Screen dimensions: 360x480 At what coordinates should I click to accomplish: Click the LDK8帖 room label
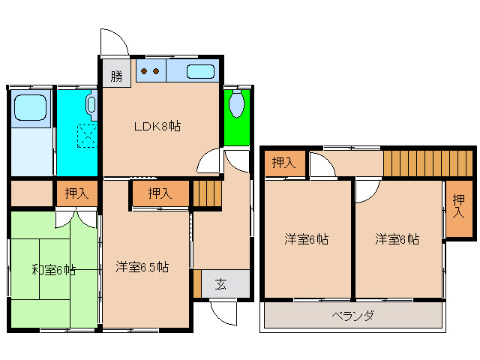pos(157,126)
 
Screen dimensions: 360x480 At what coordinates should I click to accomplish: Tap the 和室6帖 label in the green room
pos(53,270)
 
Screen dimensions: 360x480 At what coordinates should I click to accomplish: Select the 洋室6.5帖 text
pos(142,267)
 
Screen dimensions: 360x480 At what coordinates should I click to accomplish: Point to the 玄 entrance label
pos(221,283)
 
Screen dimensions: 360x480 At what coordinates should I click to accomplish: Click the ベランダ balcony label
pos(352,315)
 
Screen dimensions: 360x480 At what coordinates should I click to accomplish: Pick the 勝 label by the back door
pos(116,76)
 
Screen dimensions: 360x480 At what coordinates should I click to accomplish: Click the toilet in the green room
pos(237,104)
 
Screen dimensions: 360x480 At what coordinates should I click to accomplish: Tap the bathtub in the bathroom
pos(31,108)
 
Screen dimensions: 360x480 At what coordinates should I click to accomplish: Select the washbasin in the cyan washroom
pos(91,105)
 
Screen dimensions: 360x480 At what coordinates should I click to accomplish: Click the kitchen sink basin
pos(199,73)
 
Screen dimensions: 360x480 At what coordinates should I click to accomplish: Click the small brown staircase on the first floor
pos(208,194)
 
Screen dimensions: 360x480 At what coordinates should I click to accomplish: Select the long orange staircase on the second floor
pos(427,163)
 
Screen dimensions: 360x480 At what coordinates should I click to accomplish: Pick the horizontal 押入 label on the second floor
pos(283,162)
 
